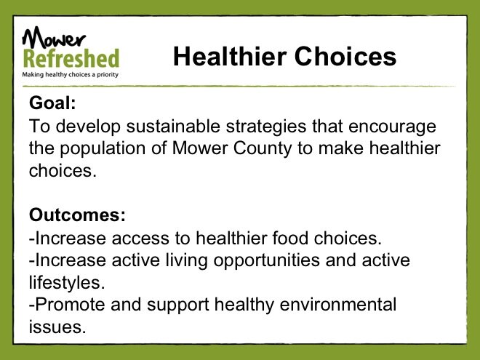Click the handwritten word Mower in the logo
point(54,39)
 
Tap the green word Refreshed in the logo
point(71,58)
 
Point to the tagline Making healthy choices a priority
point(70,75)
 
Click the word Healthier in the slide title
point(230,57)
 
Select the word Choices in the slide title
point(345,57)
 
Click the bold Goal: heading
point(52,103)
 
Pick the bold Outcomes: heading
point(77,215)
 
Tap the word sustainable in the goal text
point(173,126)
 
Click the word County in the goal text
point(263,149)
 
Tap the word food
point(290,238)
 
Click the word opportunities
point(266,261)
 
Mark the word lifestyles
point(67,283)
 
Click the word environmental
point(338,305)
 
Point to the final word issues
point(57,327)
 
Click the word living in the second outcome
point(186,261)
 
